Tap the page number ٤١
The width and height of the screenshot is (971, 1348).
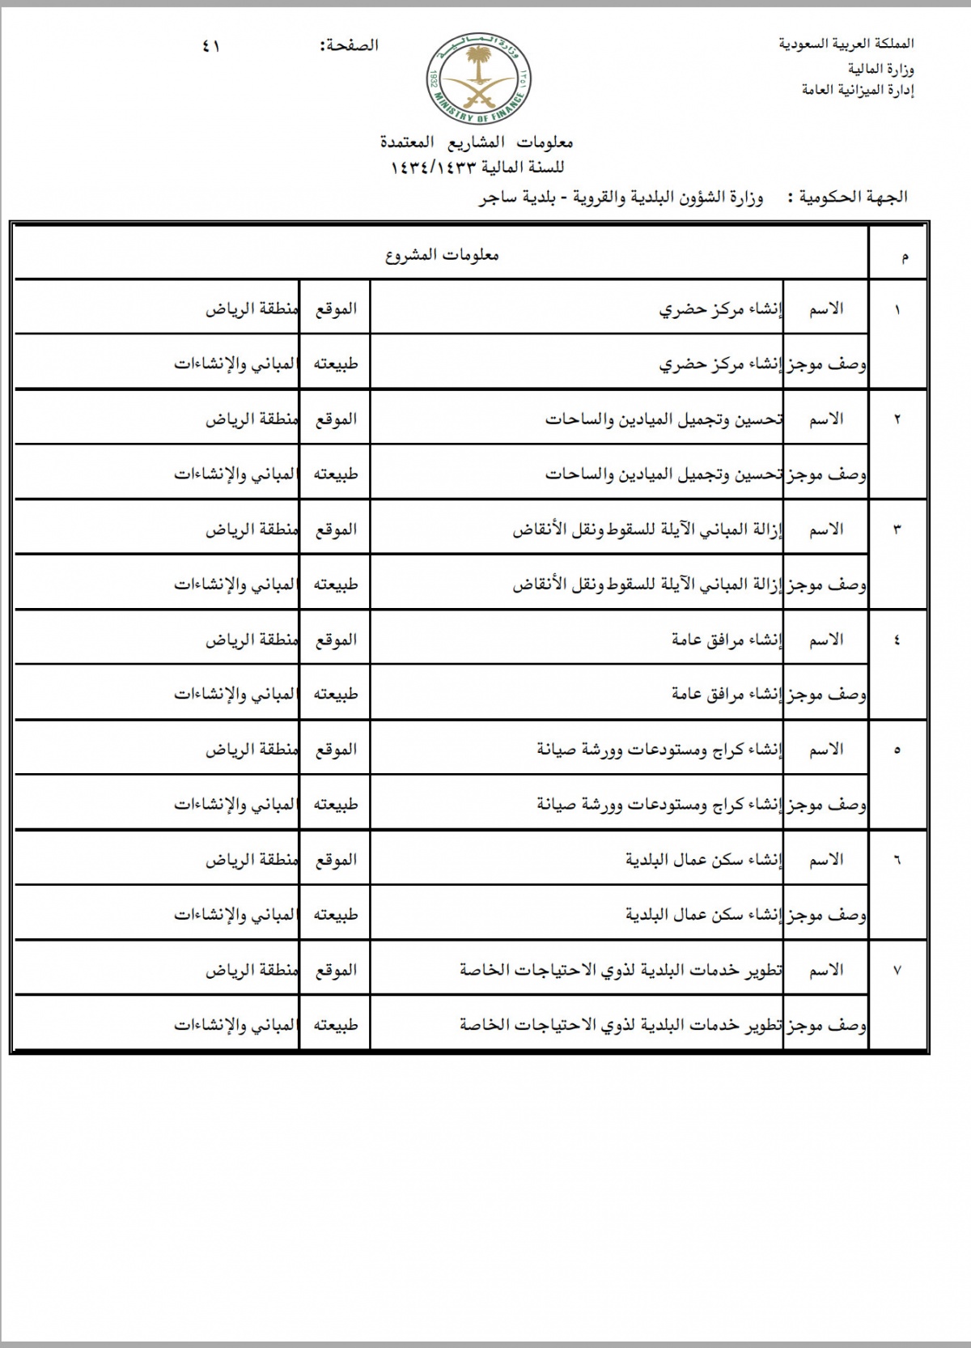(x=211, y=46)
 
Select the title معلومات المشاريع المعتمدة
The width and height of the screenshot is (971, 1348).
(x=477, y=142)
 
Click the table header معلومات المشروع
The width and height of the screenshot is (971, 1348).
(x=441, y=256)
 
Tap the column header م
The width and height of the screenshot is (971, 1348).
(x=904, y=257)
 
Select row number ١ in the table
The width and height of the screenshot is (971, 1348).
(x=897, y=310)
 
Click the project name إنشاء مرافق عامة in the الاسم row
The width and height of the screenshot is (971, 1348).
(x=727, y=640)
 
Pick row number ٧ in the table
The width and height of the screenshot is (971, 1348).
(x=897, y=971)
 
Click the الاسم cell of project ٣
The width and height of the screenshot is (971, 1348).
(x=826, y=529)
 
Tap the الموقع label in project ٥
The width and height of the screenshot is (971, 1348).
(x=336, y=750)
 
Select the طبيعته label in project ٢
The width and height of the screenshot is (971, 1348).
(x=336, y=474)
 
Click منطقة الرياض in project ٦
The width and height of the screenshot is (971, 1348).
(x=251, y=860)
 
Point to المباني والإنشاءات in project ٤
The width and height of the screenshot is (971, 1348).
(x=235, y=695)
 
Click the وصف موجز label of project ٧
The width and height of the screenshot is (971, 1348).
(x=826, y=1026)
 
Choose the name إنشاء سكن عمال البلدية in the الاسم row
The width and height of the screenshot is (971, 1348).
(x=704, y=860)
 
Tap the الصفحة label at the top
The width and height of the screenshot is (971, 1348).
(x=350, y=45)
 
